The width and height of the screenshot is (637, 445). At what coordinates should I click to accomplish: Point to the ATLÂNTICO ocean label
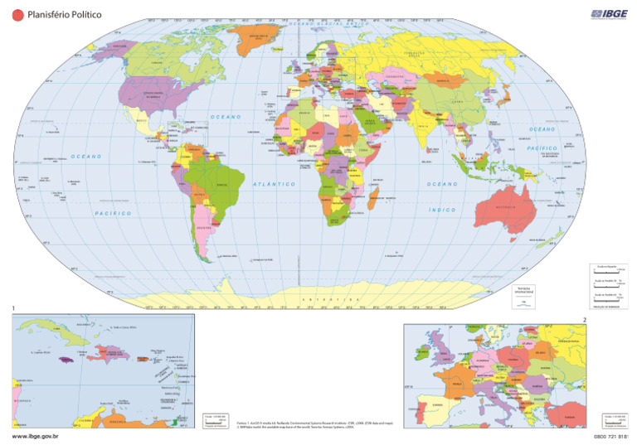pyautogui.click(x=275, y=184)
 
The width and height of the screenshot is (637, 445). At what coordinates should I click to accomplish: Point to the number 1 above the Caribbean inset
pyautogui.click(x=14, y=310)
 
